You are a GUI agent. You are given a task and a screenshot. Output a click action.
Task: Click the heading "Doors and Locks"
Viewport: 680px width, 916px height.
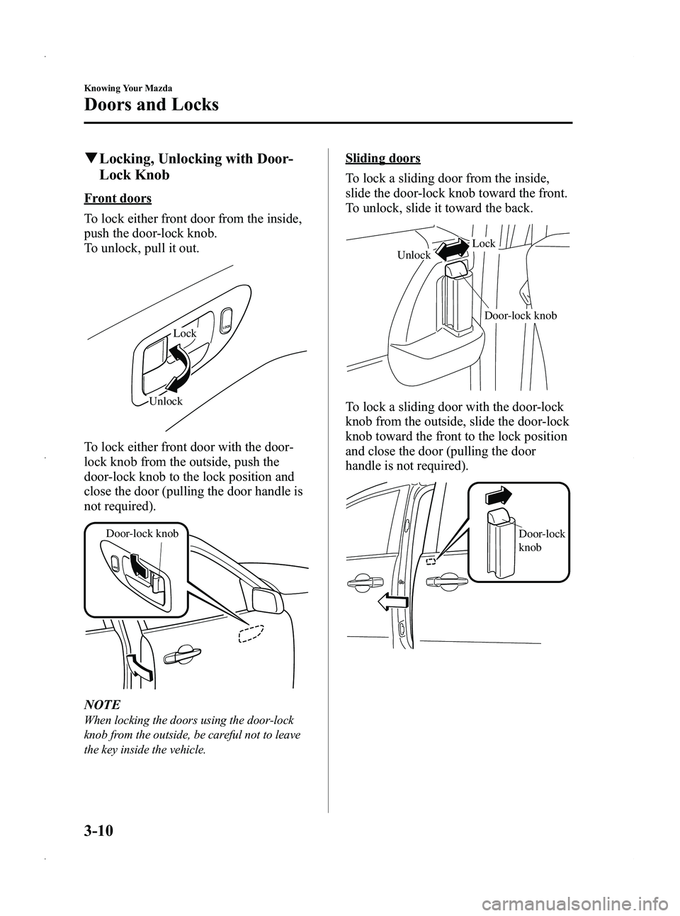(151, 105)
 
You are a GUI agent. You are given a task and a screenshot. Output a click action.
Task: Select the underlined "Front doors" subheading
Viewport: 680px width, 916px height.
(117, 198)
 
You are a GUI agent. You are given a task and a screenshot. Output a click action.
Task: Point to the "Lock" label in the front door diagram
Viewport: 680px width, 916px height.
(185, 333)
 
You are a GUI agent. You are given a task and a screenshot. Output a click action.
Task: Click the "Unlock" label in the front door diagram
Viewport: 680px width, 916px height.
(166, 401)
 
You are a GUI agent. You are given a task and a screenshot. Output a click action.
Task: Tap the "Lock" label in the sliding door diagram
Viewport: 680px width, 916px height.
(484, 243)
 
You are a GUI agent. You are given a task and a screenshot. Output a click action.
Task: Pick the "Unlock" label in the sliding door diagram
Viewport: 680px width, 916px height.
(414, 255)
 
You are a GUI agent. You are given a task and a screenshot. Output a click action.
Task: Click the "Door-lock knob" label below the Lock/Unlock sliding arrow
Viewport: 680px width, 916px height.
(521, 315)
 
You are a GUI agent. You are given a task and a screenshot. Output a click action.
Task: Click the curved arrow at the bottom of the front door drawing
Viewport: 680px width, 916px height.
(140, 668)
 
